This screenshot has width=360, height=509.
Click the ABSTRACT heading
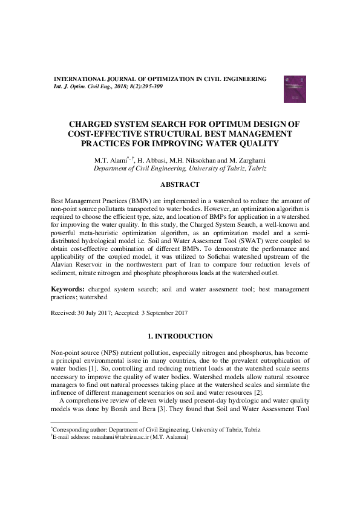[180, 183]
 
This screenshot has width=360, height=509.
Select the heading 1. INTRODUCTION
[180, 336]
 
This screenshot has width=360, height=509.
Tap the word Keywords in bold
[67, 290]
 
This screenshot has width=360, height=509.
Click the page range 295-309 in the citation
[151, 86]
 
